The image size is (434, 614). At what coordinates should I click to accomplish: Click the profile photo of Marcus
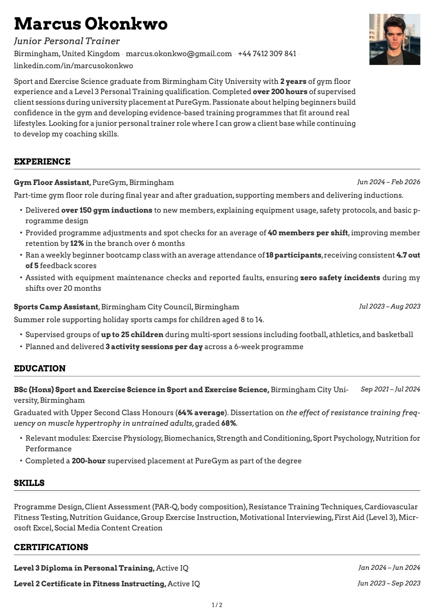(x=395, y=39)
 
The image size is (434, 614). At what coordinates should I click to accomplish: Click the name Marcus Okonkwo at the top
(x=90, y=24)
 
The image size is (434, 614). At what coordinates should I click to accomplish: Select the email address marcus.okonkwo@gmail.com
(x=179, y=54)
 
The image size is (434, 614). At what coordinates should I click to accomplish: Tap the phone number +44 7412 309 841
(x=267, y=54)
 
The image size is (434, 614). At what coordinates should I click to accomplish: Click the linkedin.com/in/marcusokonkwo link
(x=73, y=66)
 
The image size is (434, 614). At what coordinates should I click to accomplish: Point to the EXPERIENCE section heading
(x=42, y=162)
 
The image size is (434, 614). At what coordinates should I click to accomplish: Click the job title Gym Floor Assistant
(x=51, y=182)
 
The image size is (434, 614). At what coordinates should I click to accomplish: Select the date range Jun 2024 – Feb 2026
(x=388, y=182)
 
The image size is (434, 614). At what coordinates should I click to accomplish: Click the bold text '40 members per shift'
(x=308, y=233)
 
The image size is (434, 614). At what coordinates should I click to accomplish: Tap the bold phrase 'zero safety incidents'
(x=340, y=278)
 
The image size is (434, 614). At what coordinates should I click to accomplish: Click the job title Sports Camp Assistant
(x=56, y=307)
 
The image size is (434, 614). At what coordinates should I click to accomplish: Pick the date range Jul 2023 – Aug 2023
(x=390, y=306)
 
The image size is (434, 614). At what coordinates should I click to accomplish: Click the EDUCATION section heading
(x=40, y=368)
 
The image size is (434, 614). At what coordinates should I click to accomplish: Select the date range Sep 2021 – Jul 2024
(x=390, y=389)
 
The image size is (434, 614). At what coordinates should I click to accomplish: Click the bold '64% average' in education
(x=201, y=413)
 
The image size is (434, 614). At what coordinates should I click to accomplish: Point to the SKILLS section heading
(x=29, y=483)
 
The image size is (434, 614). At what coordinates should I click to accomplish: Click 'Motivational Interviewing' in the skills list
(x=286, y=517)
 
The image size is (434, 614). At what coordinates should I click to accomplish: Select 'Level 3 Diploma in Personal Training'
(x=84, y=568)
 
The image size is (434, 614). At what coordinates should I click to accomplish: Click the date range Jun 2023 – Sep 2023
(x=389, y=583)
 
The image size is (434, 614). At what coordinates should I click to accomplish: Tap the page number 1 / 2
(x=217, y=605)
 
